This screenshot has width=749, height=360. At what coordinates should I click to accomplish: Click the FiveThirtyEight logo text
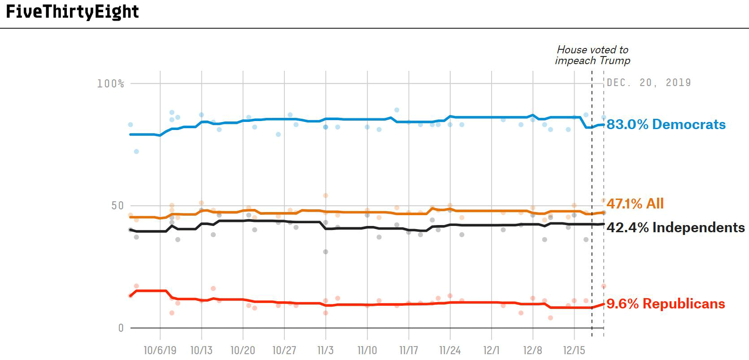tap(72, 12)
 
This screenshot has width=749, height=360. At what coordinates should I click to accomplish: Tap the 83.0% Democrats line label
tap(666, 125)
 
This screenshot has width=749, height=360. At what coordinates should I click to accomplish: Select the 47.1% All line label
tap(635, 204)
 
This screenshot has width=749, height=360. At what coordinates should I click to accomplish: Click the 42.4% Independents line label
tap(675, 228)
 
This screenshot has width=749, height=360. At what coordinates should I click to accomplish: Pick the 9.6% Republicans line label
tap(666, 304)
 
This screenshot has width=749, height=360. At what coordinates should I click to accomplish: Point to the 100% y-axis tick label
tap(110, 84)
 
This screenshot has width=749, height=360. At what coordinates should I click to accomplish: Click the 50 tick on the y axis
tap(117, 206)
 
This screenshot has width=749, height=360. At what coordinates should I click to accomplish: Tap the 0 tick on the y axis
tap(121, 328)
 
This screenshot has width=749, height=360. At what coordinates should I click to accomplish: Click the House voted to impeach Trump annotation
tap(592, 55)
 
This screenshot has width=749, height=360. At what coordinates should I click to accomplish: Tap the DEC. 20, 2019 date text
tap(649, 82)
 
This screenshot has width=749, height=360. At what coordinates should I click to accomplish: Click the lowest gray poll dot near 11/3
tap(326, 252)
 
